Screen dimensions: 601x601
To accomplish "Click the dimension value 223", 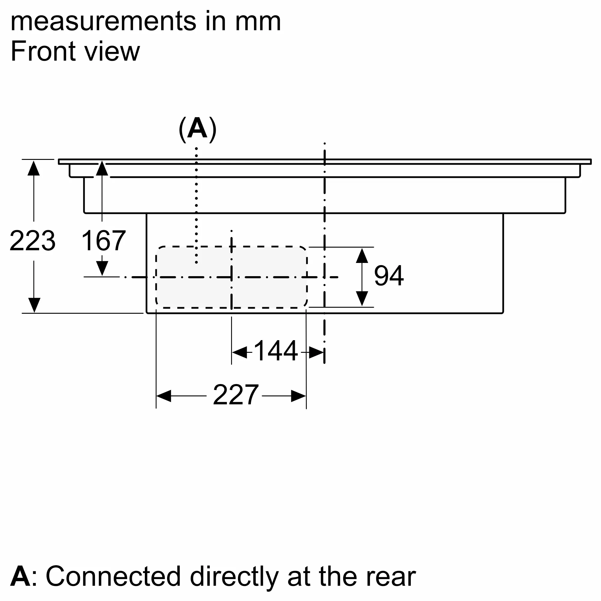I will [33, 241].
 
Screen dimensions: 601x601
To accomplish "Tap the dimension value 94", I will [389, 276].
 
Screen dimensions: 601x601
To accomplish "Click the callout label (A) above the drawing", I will [197, 129].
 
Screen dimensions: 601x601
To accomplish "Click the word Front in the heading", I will [43, 51].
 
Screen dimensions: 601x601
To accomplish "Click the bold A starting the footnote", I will [20, 576].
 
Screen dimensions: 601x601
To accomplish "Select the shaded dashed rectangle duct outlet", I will [231, 277].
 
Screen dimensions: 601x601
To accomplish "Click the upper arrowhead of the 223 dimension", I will [34, 168].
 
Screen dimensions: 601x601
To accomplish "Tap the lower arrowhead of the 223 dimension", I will [34, 305].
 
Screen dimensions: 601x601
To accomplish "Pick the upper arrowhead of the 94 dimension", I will [362, 256].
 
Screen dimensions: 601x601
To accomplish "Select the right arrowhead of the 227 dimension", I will [299, 396].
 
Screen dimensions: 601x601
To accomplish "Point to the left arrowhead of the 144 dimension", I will [240, 352].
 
